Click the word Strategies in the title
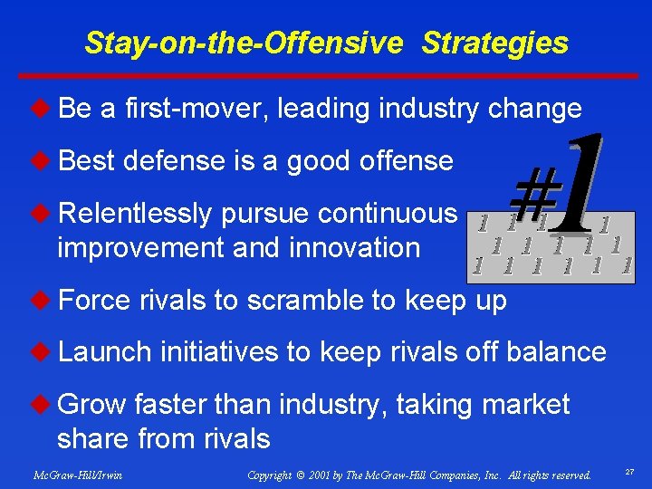tap(495, 43)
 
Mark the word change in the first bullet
tap(534, 109)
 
